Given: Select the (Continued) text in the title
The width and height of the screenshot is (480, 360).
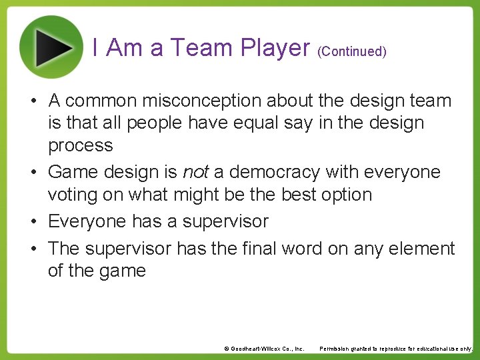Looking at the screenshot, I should pyautogui.click(x=352, y=51).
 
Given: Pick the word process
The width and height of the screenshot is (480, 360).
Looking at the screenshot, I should pyautogui.click(x=80, y=146).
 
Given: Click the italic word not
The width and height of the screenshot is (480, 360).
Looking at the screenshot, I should pyautogui.click(x=195, y=172).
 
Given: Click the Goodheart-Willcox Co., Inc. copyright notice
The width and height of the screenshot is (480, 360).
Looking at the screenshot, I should pyautogui.click(x=264, y=349).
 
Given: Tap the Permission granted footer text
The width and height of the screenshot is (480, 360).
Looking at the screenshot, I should pyautogui.click(x=396, y=349).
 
